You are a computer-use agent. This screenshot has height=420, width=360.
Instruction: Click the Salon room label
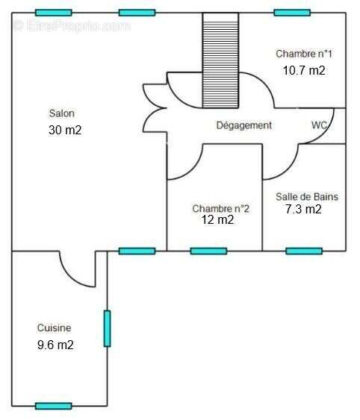tap(62, 113)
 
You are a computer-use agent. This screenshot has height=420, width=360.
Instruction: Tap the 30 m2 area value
tap(65, 131)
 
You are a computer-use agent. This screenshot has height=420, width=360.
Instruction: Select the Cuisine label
tap(55, 327)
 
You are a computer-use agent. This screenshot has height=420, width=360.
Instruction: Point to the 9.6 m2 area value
tap(55, 345)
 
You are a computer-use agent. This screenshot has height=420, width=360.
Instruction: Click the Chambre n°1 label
tap(304, 54)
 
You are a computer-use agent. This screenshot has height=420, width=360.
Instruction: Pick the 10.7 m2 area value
tap(304, 71)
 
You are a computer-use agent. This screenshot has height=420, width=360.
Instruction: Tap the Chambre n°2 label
tap(221, 209)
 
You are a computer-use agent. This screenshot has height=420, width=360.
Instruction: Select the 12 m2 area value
tap(217, 220)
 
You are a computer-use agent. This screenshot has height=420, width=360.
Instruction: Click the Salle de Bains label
tap(307, 197)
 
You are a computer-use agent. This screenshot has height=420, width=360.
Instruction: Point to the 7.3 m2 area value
tap(303, 209)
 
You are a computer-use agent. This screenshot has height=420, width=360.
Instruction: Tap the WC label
tap(319, 125)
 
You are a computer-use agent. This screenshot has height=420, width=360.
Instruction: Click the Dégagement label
tap(244, 125)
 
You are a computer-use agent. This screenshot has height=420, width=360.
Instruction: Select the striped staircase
tap(220, 60)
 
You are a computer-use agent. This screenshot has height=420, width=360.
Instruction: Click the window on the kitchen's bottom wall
tap(54, 406)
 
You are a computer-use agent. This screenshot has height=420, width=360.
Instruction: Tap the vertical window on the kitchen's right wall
tap(108, 328)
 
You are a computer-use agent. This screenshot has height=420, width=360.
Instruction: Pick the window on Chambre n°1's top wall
tap(292, 13)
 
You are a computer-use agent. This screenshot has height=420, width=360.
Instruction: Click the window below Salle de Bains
tap(304, 251)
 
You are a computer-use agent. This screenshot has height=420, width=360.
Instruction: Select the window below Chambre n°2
tap(208, 251)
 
